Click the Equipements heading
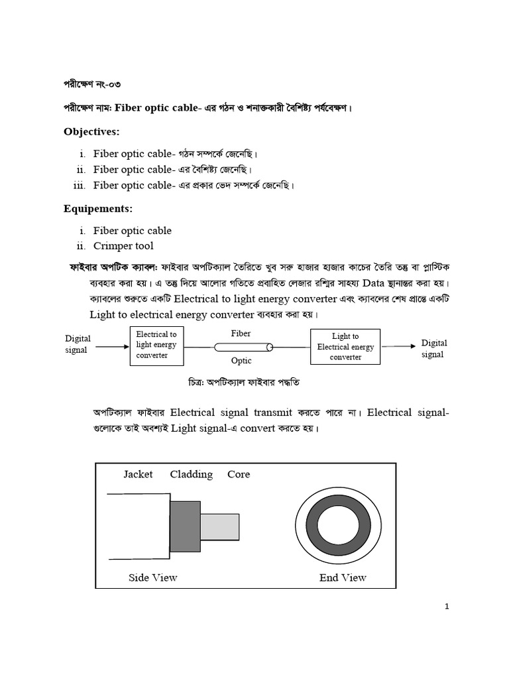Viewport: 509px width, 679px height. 98,209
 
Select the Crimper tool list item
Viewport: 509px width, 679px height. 123,246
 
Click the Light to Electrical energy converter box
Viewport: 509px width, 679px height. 345,347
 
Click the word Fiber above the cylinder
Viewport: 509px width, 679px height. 241,334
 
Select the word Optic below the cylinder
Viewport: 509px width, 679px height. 241,361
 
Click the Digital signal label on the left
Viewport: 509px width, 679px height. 78,344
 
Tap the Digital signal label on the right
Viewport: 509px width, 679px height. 434,349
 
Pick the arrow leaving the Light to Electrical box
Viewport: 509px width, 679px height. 399,345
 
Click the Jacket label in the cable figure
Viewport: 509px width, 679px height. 138,474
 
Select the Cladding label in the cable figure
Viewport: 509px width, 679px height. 191,474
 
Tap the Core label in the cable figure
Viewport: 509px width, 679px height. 239,474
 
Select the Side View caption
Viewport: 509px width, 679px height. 152,578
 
